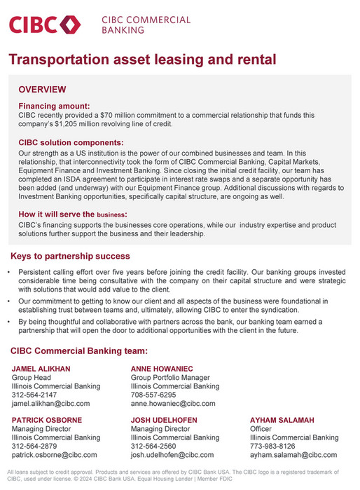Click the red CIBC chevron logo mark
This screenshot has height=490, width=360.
click(71, 25)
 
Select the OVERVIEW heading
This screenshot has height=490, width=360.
click(42, 90)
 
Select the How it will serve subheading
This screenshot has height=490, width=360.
click(72, 214)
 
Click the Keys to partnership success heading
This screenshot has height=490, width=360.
click(70, 256)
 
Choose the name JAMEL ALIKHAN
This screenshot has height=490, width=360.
click(41, 368)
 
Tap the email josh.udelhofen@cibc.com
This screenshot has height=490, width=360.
click(172, 455)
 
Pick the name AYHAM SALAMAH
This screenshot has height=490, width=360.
click(284, 419)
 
